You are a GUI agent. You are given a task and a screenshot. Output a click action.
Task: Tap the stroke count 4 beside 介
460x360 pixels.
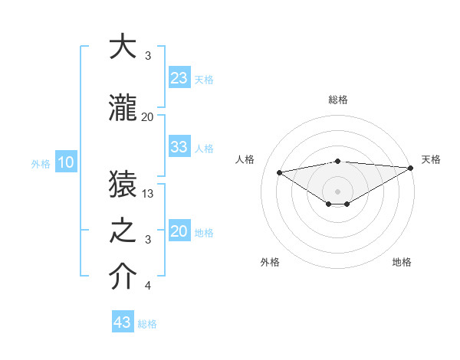(x=148, y=286)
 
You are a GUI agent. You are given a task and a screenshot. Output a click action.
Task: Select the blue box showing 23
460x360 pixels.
(x=179, y=77)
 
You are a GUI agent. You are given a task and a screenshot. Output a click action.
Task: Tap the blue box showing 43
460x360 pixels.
(x=122, y=322)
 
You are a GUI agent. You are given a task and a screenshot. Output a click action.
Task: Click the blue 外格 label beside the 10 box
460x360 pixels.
(x=40, y=163)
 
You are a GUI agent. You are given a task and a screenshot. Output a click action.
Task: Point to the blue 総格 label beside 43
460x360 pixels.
(x=147, y=324)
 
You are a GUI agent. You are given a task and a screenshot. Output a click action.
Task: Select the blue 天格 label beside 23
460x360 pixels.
(x=204, y=79)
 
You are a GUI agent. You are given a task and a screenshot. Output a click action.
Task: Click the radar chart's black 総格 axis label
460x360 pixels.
(x=337, y=100)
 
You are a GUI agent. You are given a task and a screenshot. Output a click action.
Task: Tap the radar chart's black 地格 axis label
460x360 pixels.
(x=402, y=262)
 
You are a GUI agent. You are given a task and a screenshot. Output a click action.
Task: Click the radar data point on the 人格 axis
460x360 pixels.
(x=280, y=172)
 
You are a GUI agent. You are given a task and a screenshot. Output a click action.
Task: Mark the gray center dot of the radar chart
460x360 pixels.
(x=337, y=190)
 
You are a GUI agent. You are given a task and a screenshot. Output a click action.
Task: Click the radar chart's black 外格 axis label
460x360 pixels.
(x=270, y=262)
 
